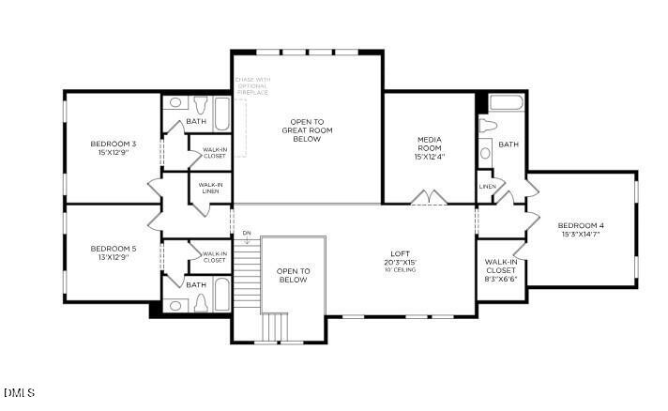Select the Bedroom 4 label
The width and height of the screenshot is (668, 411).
click(x=581, y=225)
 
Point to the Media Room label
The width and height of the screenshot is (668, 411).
click(x=430, y=144)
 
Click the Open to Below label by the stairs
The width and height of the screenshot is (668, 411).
click(x=293, y=275)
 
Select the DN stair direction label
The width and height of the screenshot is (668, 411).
click(x=247, y=232)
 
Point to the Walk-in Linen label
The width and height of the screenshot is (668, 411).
click(x=211, y=189)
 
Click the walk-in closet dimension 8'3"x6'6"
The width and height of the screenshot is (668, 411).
click(x=500, y=279)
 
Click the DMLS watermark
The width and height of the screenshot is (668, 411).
click(x=20, y=391)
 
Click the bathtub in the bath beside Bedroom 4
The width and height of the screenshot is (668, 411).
click(x=507, y=103)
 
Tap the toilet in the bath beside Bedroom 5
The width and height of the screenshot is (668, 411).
click(x=199, y=302)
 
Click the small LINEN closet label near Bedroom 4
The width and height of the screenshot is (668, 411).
click(x=487, y=187)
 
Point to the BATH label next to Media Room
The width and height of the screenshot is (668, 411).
click(x=508, y=145)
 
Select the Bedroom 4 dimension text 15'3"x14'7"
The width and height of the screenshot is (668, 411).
click(x=581, y=235)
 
